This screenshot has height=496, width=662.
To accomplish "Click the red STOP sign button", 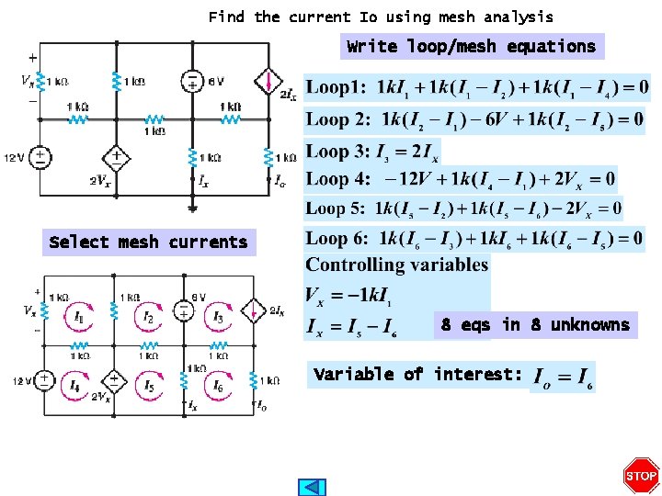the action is click(x=641, y=475).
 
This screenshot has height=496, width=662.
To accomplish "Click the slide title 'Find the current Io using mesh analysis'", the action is click(x=381, y=17).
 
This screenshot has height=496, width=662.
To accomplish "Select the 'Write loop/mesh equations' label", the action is click(x=471, y=46).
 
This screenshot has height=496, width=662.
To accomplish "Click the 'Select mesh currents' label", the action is click(x=148, y=242).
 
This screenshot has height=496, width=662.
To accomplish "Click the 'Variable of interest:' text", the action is click(x=418, y=374).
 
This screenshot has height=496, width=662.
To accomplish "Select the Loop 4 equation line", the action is click(x=461, y=178).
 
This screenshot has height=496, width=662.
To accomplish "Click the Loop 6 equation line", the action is click(x=474, y=239).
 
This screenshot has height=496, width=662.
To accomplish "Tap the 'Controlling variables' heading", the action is click(x=397, y=265).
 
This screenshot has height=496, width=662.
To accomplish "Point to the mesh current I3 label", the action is click(x=218, y=318).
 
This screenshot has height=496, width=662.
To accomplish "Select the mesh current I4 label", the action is click(x=76, y=386).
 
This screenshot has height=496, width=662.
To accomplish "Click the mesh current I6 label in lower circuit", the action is click(x=218, y=387).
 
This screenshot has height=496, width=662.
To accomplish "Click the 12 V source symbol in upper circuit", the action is click(x=40, y=158).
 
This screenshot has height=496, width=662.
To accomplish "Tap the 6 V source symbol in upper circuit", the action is click(x=192, y=81).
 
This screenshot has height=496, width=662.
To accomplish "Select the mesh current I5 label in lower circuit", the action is click(x=148, y=387).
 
